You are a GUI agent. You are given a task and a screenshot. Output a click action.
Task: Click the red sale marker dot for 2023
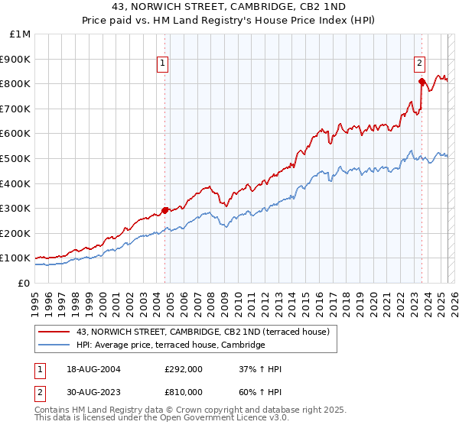pos(422,81)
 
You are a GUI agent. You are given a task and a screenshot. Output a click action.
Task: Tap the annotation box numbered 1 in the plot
pos(164,64)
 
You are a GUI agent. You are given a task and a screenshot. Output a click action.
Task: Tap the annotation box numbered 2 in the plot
pos(420,64)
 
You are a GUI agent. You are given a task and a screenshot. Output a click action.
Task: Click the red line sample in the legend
pos(54,332)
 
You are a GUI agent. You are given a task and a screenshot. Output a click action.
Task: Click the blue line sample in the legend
pos(54,345)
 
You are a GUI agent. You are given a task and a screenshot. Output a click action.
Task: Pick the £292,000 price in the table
pos(183,369)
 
